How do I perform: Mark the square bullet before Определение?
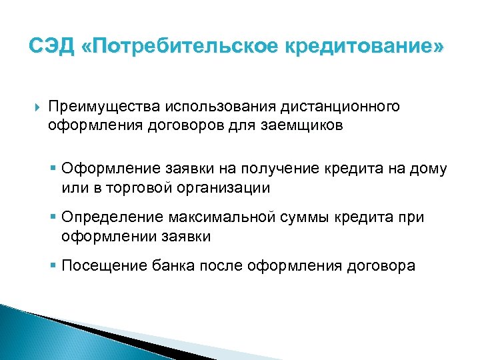click(54, 218)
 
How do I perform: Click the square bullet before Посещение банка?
click(54, 266)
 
